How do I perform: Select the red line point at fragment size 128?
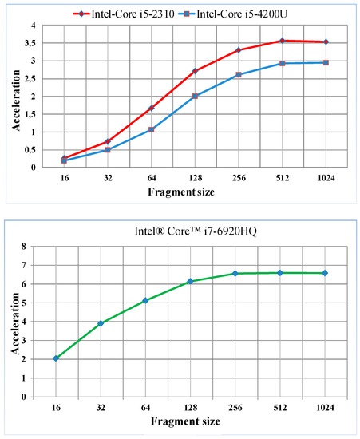point(195,71)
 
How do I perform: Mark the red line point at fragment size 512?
point(282,41)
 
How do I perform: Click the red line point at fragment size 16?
point(64,158)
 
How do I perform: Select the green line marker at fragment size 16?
point(55,358)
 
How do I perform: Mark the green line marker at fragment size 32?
point(100,323)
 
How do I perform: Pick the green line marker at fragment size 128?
point(190,282)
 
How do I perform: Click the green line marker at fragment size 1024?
point(325,273)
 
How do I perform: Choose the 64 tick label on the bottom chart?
point(145,409)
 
